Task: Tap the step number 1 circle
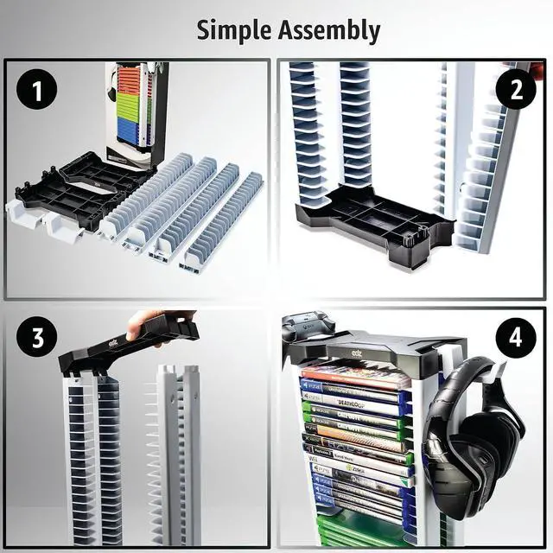click(35, 89)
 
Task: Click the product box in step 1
click(135, 112)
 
